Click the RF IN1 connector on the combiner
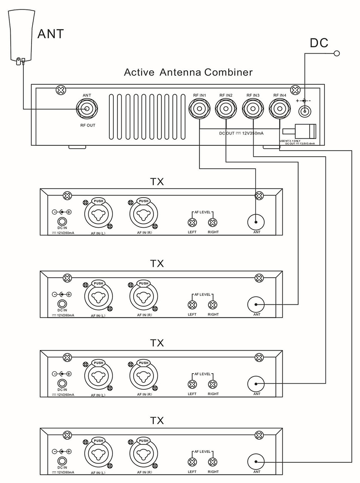tap(199, 108)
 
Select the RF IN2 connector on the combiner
tap(226, 108)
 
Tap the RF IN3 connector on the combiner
tap(253, 108)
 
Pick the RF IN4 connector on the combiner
tap(279, 108)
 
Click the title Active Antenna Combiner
tap(189, 72)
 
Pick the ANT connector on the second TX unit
tap(256, 305)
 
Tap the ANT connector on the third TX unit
tap(256, 384)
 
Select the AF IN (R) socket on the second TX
tap(144, 297)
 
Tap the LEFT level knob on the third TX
tap(192, 384)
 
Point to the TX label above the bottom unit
tap(157, 421)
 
